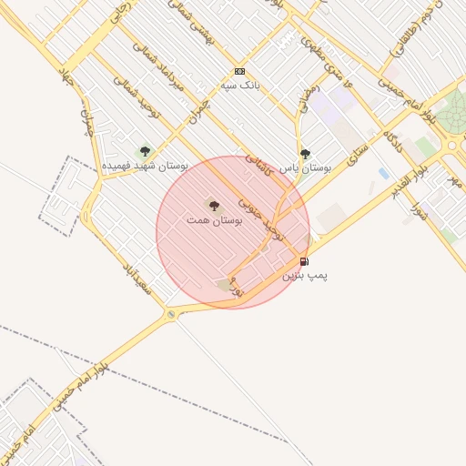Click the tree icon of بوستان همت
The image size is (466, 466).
point(214,206)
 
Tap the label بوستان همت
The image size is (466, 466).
point(213,220)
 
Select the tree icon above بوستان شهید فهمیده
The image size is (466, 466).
point(144,151)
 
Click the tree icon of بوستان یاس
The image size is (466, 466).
point(305,154)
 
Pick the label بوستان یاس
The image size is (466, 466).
point(305,168)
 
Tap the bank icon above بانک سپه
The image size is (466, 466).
point(239,71)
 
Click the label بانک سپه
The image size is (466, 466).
point(240,86)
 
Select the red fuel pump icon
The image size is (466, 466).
point(304,262)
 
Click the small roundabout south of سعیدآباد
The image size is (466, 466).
point(171,315)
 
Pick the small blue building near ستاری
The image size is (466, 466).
point(383,173)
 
